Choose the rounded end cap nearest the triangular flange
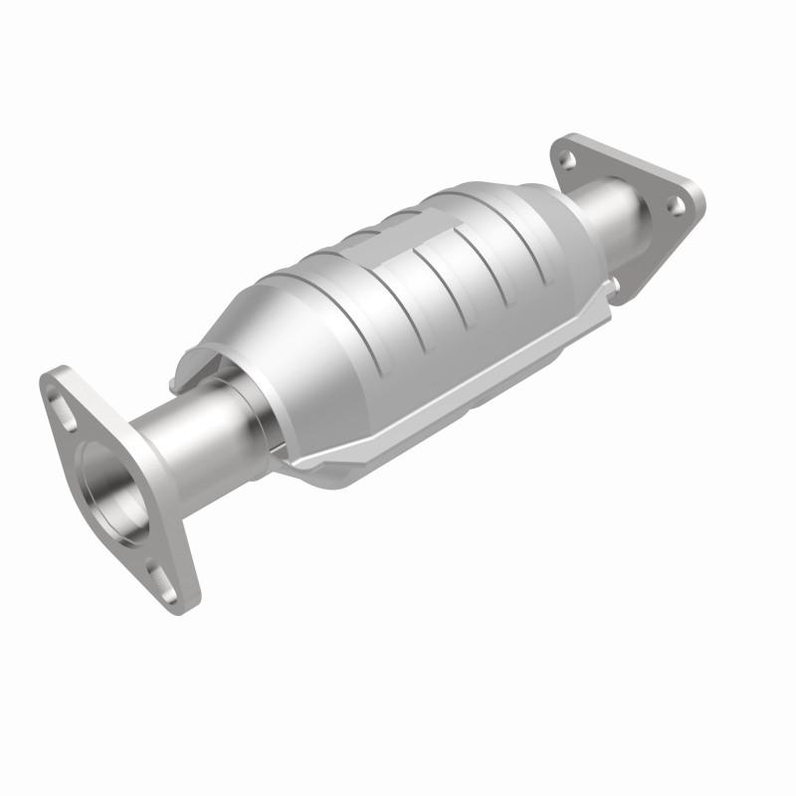[x=557, y=229]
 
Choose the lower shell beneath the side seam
[x=398, y=448]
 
